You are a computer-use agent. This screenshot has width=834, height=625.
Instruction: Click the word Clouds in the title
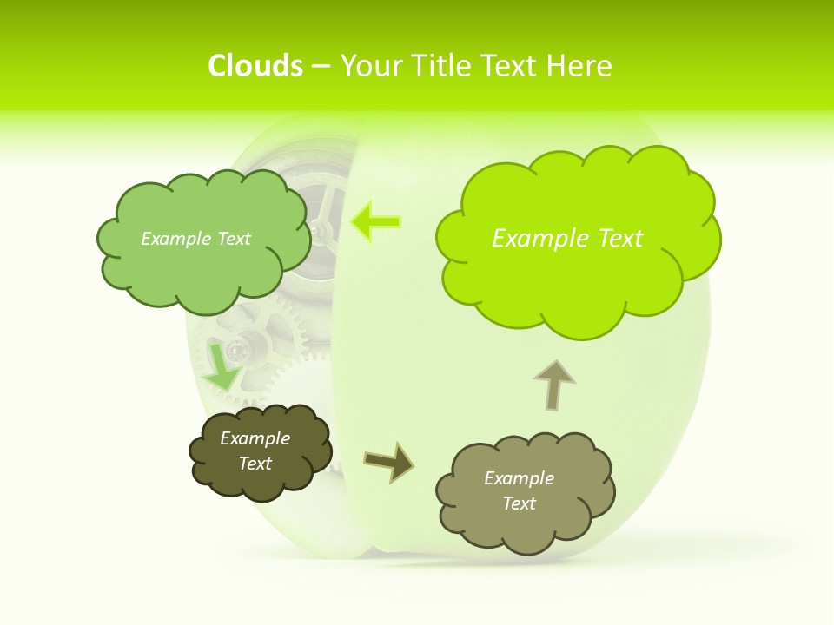pos(255,65)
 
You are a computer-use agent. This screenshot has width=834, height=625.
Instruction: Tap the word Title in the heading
pos(442,65)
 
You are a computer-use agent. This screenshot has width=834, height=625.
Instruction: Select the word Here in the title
pos(581,65)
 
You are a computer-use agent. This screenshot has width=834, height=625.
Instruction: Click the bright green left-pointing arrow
pos(375,222)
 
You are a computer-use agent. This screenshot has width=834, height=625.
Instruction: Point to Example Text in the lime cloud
pos(567,239)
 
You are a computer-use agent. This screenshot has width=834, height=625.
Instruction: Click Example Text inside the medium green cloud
pos(195,239)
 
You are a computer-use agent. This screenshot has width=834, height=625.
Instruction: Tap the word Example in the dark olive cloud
pos(255,438)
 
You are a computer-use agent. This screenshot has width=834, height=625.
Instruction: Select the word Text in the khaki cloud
pos(519,503)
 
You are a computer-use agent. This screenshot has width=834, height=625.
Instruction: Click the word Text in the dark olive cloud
pos(255,464)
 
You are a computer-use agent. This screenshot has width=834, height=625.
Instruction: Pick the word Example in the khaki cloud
pos(519,478)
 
